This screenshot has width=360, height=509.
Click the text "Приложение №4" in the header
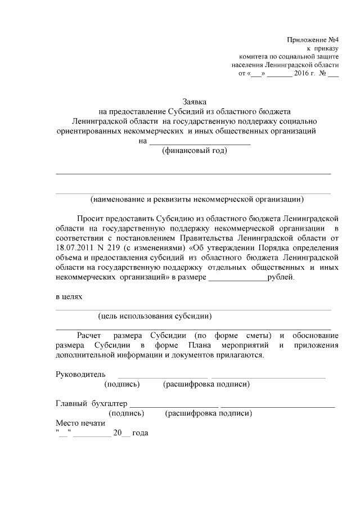click(312, 40)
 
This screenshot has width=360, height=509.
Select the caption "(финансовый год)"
click(194, 150)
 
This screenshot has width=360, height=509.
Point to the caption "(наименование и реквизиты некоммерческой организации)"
click(197, 199)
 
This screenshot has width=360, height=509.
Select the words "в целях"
click(69, 295)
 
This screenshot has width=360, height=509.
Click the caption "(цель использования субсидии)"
click(155, 316)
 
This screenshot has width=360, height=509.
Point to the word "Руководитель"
click(80, 373)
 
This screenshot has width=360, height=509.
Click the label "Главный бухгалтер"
click(92, 403)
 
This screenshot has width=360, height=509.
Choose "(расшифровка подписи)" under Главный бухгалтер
click(208, 413)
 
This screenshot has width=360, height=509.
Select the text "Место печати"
click(80, 424)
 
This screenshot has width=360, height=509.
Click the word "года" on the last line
click(139, 433)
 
